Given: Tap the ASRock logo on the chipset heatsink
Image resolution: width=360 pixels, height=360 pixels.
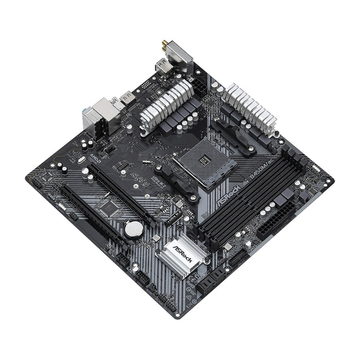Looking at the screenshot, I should click(183, 253).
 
